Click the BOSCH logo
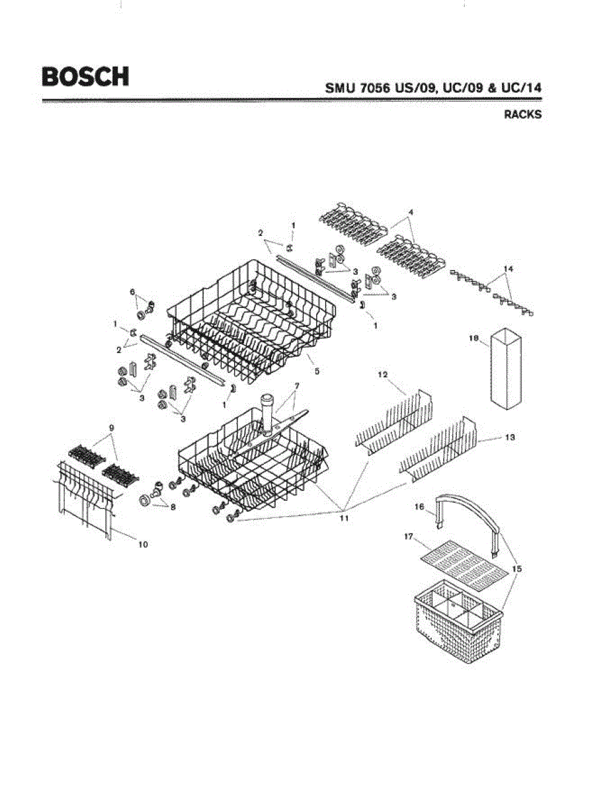(x=85, y=76)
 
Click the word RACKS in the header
(x=522, y=114)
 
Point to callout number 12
(x=382, y=375)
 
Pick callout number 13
(x=510, y=437)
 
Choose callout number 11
(x=344, y=518)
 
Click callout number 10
(x=143, y=544)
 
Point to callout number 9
(x=112, y=428)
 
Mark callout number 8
(x=173, y=508)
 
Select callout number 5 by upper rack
(x=317, y=372)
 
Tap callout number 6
(x=132, y=291)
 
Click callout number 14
(x=508, y=268)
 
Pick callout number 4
(x=410, y=211)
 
